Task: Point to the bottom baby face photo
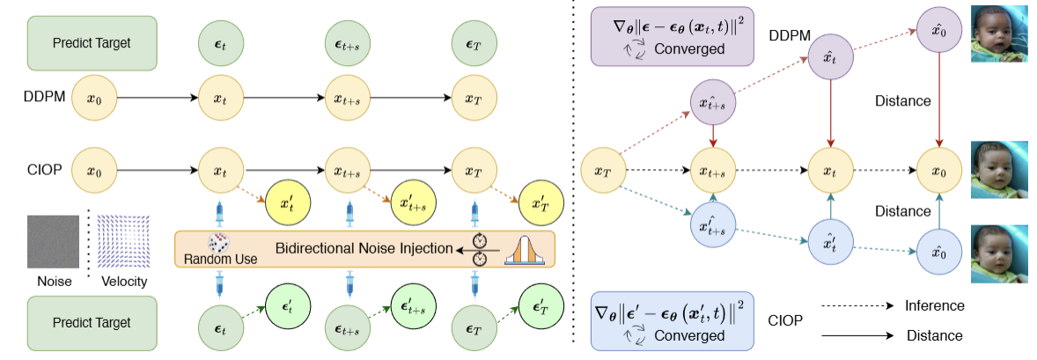998,253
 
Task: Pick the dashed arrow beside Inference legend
849,306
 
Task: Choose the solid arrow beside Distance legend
849,334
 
